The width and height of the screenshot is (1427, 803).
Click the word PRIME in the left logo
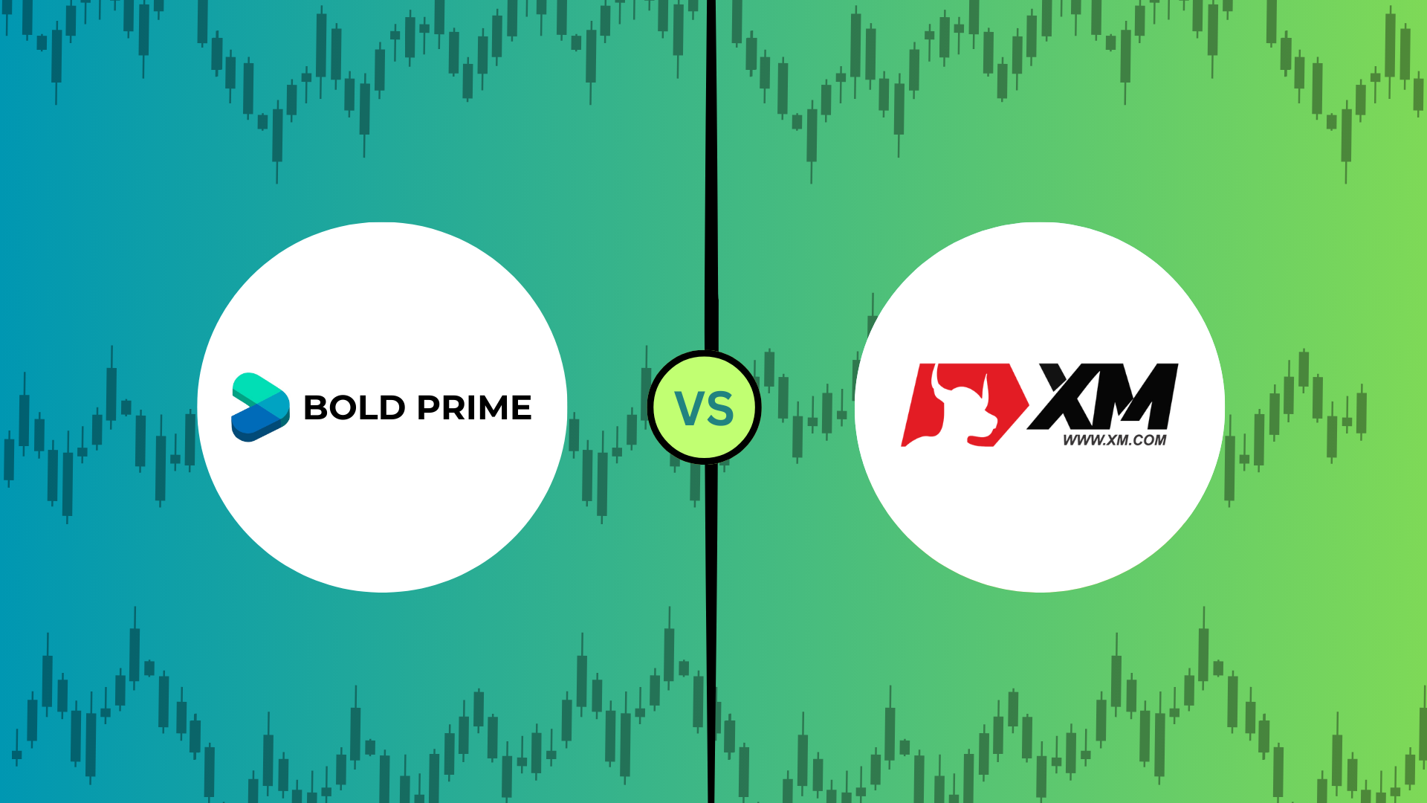(x=474, y=407)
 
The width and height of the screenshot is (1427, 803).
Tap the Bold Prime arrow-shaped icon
(x=260, y=407)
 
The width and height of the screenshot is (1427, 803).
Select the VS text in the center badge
(x=704, y=408)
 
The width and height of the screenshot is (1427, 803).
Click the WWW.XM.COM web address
(x=1114, y=440)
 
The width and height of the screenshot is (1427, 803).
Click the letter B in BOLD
(x=315, y=407)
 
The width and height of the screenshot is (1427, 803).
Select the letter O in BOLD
(x=343, y=407)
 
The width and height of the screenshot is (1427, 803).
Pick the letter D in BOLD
(x=393, y=407)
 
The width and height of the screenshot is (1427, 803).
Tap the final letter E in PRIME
(x=522, y=407)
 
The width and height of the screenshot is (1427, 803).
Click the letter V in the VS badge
(x=689, y=408)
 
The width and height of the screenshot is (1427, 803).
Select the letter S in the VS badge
(x=720, y=408)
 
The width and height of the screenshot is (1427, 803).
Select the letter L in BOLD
(x=369, y=407)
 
